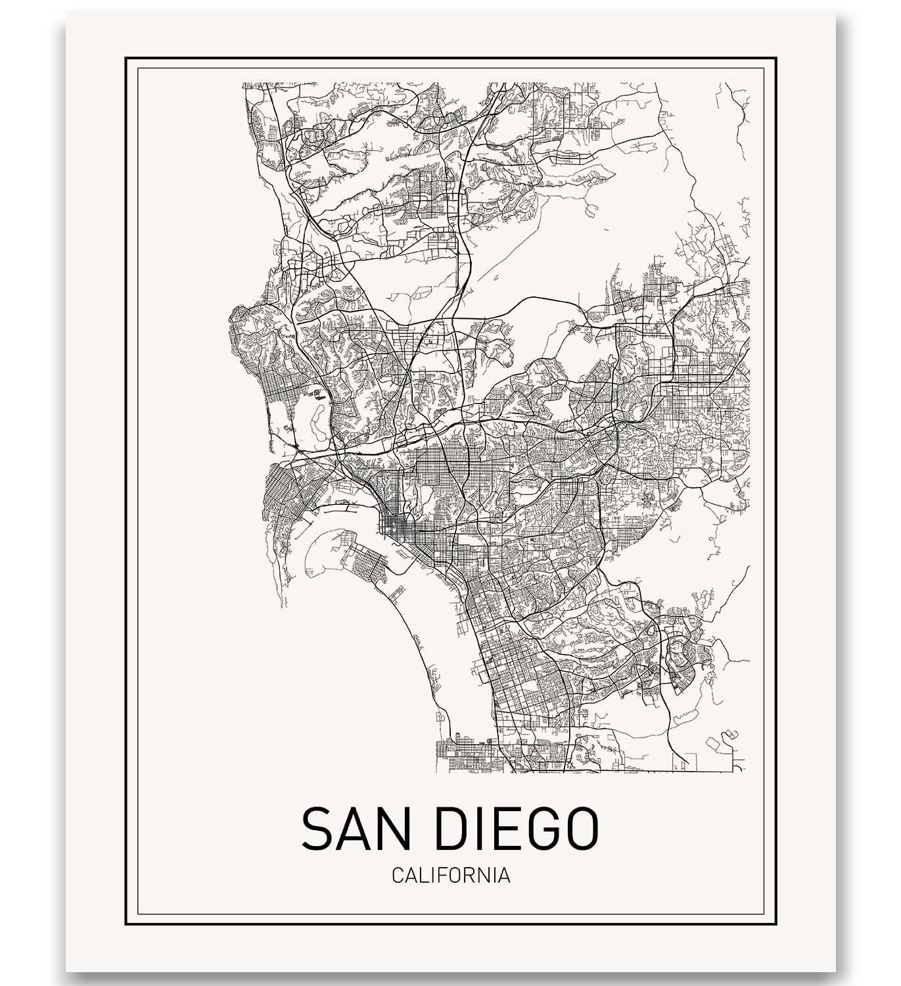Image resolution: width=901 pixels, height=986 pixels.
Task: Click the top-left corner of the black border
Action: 126,59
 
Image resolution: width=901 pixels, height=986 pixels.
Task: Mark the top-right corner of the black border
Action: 775,59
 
